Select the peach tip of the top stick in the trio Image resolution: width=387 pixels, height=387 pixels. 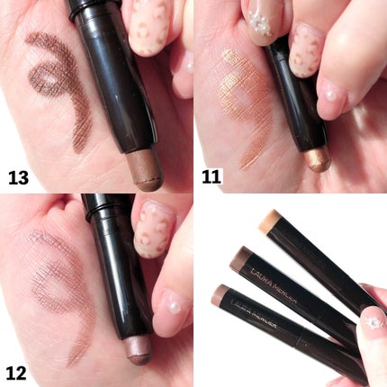click(x=269, y=222)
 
